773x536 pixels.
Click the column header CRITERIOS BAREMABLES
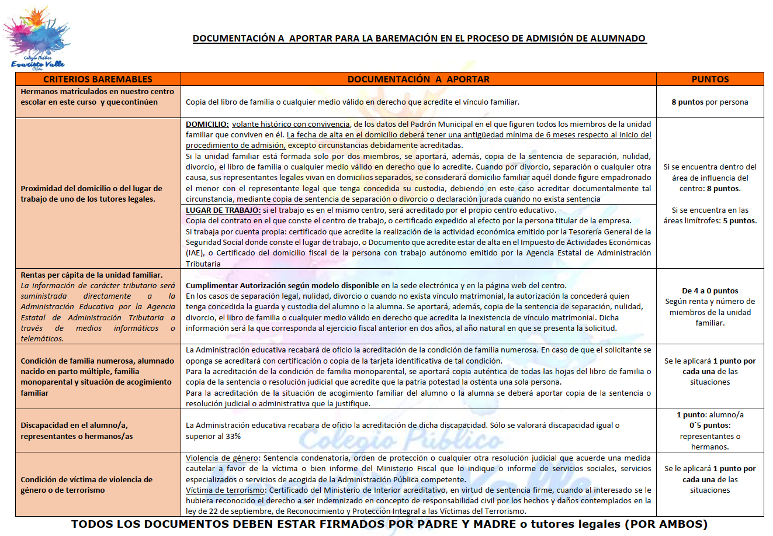click(98, 79)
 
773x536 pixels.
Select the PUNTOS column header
click(710, 79)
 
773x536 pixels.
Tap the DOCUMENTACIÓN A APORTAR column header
click(418, 79)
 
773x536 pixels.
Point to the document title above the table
click(420, 39)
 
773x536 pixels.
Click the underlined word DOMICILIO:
click(207, 124)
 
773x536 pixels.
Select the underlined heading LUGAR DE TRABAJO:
click(223, 210)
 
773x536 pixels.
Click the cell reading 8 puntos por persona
click(710, 102)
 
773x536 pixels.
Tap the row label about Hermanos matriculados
click(97, 97)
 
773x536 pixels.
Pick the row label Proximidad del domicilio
click(92, 193)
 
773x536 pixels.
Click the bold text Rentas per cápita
click(92, 275)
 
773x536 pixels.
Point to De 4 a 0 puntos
click(710, 291)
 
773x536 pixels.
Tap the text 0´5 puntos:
click(710, 426)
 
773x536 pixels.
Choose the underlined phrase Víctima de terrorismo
click(226, 490)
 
